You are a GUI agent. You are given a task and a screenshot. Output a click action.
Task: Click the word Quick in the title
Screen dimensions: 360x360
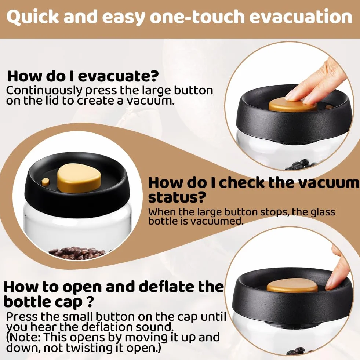[x=33, y=17]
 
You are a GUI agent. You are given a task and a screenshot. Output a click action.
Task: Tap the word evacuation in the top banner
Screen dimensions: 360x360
[x=301, y=17]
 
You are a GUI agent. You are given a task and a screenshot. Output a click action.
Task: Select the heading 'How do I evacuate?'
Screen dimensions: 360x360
[x=83, y=76]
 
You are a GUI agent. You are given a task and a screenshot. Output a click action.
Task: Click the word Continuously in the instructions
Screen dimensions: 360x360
[x=44, y=91]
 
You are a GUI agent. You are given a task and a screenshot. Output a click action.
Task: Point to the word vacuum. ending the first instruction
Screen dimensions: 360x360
[x=150, y=101]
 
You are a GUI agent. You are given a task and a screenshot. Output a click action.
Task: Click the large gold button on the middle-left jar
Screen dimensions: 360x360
[x=79, y=178]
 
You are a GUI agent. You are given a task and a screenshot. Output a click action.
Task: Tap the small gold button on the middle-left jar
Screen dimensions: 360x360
[x=45, y=182]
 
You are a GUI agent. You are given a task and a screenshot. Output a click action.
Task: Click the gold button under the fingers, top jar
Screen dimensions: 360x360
[x=293, y=105]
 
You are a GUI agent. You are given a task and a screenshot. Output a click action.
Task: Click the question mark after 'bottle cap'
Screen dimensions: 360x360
[x=90, y=302]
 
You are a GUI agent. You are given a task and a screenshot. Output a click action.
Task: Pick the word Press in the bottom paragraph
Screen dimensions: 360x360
[x=21, y=317]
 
